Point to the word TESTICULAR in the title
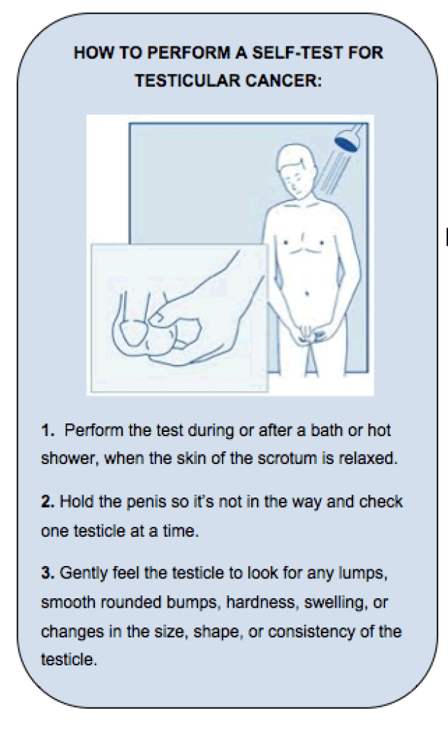click(x=187, y=81)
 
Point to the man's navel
click(x=307, y=293)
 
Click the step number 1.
click(x=47, y=430)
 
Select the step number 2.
click(x=47, y=502)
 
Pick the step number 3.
click(x=48, y=573)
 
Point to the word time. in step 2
click(x=180, y=531)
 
